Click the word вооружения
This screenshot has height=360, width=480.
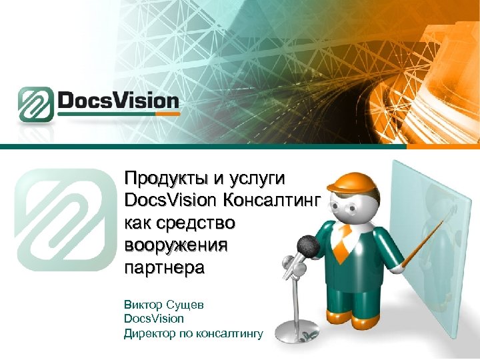pyautogui.click(x=176, y=245)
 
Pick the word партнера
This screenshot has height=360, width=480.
pyautogui.click(x=165, y=267)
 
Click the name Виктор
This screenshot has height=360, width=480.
pyautogui.click(x=142, y=305)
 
